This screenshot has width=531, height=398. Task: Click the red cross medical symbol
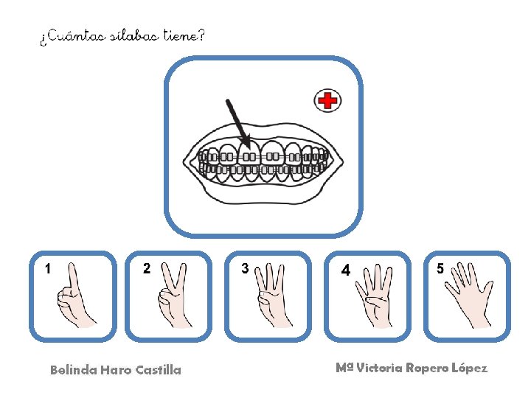(327, 100)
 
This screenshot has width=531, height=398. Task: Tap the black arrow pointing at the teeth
(237, 119)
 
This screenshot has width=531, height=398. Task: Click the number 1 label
(48, 269)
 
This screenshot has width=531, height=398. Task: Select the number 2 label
(147, 269)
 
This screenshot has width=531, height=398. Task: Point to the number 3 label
(245, 269)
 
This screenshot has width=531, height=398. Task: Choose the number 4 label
(345, 270)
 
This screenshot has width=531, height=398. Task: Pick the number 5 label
(440, 269)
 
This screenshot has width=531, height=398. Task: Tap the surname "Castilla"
(159, 370)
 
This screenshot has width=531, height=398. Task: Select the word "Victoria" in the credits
(380, 368)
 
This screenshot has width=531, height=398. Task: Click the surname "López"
(469, 368)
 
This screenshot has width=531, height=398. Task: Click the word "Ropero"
(428, 368)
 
